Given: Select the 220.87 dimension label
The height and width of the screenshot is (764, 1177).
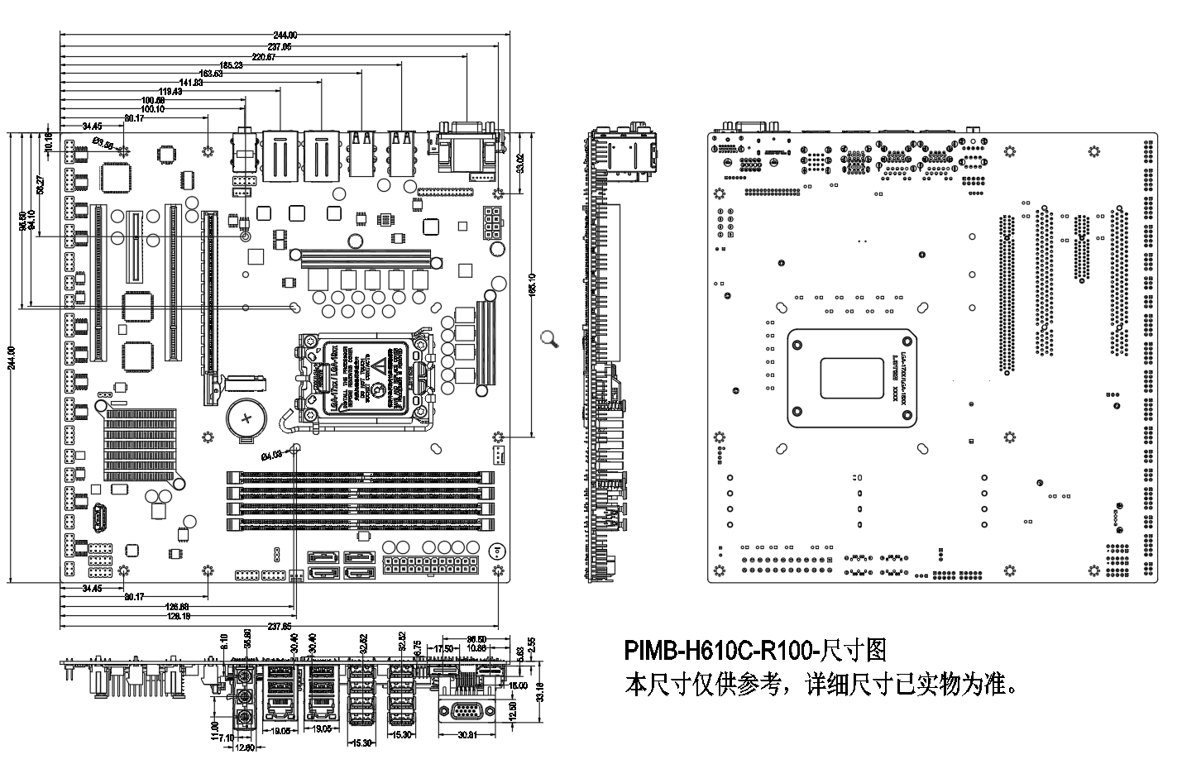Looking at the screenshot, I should (x=264, y=56).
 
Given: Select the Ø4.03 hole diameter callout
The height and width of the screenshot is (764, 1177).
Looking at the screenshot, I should (x=271, y=454).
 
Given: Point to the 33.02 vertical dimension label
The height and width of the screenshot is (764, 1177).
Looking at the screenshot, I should (x=519, y=163).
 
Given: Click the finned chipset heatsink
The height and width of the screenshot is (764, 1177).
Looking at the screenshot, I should (x=140, y=444).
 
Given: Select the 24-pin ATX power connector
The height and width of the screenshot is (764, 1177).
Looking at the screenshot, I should (x=432, y=567).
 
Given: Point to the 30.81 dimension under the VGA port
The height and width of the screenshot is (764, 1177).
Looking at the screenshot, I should (x=469, y=735).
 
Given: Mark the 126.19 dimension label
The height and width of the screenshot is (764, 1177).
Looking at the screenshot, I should (x=178, y=616).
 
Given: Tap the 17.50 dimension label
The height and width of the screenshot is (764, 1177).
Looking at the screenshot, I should (x=444, y=648).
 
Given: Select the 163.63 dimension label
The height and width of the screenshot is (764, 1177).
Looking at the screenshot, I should (x=211, y=74).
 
